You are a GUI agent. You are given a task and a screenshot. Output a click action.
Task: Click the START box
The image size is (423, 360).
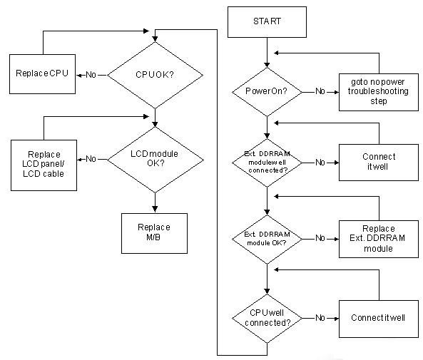(x=267, y=22)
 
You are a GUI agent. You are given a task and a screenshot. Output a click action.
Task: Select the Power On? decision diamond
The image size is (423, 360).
(x=267, y=92)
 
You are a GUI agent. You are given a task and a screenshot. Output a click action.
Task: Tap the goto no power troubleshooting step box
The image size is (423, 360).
(x=379, y=92)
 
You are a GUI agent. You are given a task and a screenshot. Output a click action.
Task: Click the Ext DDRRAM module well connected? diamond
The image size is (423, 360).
(x=267, y=163)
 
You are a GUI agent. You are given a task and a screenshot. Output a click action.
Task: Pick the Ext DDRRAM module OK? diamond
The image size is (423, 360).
(x=267, y=239)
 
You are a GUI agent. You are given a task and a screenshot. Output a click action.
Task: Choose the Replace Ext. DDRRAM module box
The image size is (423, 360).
(x=379, y=239)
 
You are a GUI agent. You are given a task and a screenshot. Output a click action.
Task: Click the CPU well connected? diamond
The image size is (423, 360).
(x=267, y=319)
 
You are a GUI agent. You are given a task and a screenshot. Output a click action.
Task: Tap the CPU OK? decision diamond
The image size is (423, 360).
(x=155, y=75)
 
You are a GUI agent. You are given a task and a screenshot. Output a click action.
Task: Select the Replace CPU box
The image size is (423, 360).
(x=42, y=74)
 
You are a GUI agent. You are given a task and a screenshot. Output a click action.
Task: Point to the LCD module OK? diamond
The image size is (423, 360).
(x=155, y=160)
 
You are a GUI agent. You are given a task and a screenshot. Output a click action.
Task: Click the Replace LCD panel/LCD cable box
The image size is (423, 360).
(x=44, y=165)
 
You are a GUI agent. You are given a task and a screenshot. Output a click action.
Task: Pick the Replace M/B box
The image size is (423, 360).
(x=154, y=233)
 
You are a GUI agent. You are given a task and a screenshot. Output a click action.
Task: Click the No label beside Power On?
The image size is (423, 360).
(x=320, y=91)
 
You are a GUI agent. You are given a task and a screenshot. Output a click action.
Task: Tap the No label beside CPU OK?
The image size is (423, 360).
(x=91, y=75)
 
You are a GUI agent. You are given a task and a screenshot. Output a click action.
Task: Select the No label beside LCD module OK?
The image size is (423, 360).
(x=91, y=159)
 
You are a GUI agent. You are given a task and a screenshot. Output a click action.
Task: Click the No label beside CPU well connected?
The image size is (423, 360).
(x=320, y=318)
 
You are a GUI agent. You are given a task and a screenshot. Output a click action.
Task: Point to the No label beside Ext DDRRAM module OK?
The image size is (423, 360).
(x=320, y=238)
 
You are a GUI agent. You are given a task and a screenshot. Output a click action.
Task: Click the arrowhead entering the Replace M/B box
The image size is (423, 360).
(x=155, y=210)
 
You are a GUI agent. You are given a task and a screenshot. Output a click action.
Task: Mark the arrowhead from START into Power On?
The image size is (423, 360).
(x=267, y=65)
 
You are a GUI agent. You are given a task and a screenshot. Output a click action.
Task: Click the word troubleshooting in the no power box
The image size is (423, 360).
(x=378, y=91)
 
